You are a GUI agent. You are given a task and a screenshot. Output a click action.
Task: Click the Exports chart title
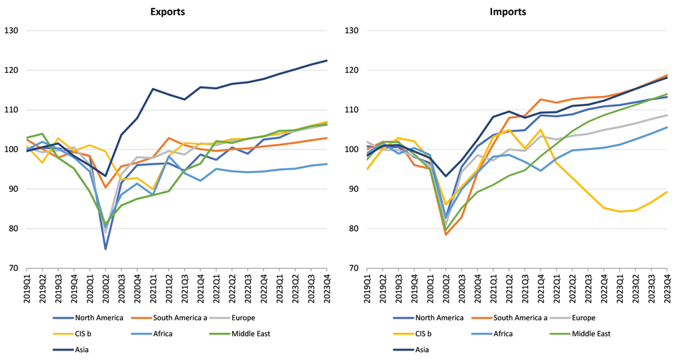click(x=167, y=11)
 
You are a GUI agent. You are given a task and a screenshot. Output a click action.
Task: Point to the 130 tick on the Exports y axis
click(x=11, y=30)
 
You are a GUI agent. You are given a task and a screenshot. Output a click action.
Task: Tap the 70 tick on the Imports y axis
click(x=353, y=268)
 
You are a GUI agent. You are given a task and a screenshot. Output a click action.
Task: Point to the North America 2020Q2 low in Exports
click(x=105, y=249)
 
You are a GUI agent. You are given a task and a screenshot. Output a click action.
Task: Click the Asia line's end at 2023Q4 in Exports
click(x=327, y=61)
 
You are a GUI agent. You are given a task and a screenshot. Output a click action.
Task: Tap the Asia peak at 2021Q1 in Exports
click(x=153, y=89)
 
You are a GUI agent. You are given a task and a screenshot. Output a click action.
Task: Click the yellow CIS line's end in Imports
click(x=668, y=192)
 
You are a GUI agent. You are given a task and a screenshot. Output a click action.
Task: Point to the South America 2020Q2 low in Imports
click(x=446, y=234)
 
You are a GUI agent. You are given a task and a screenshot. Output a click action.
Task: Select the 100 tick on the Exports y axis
click(x=11, y=149)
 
